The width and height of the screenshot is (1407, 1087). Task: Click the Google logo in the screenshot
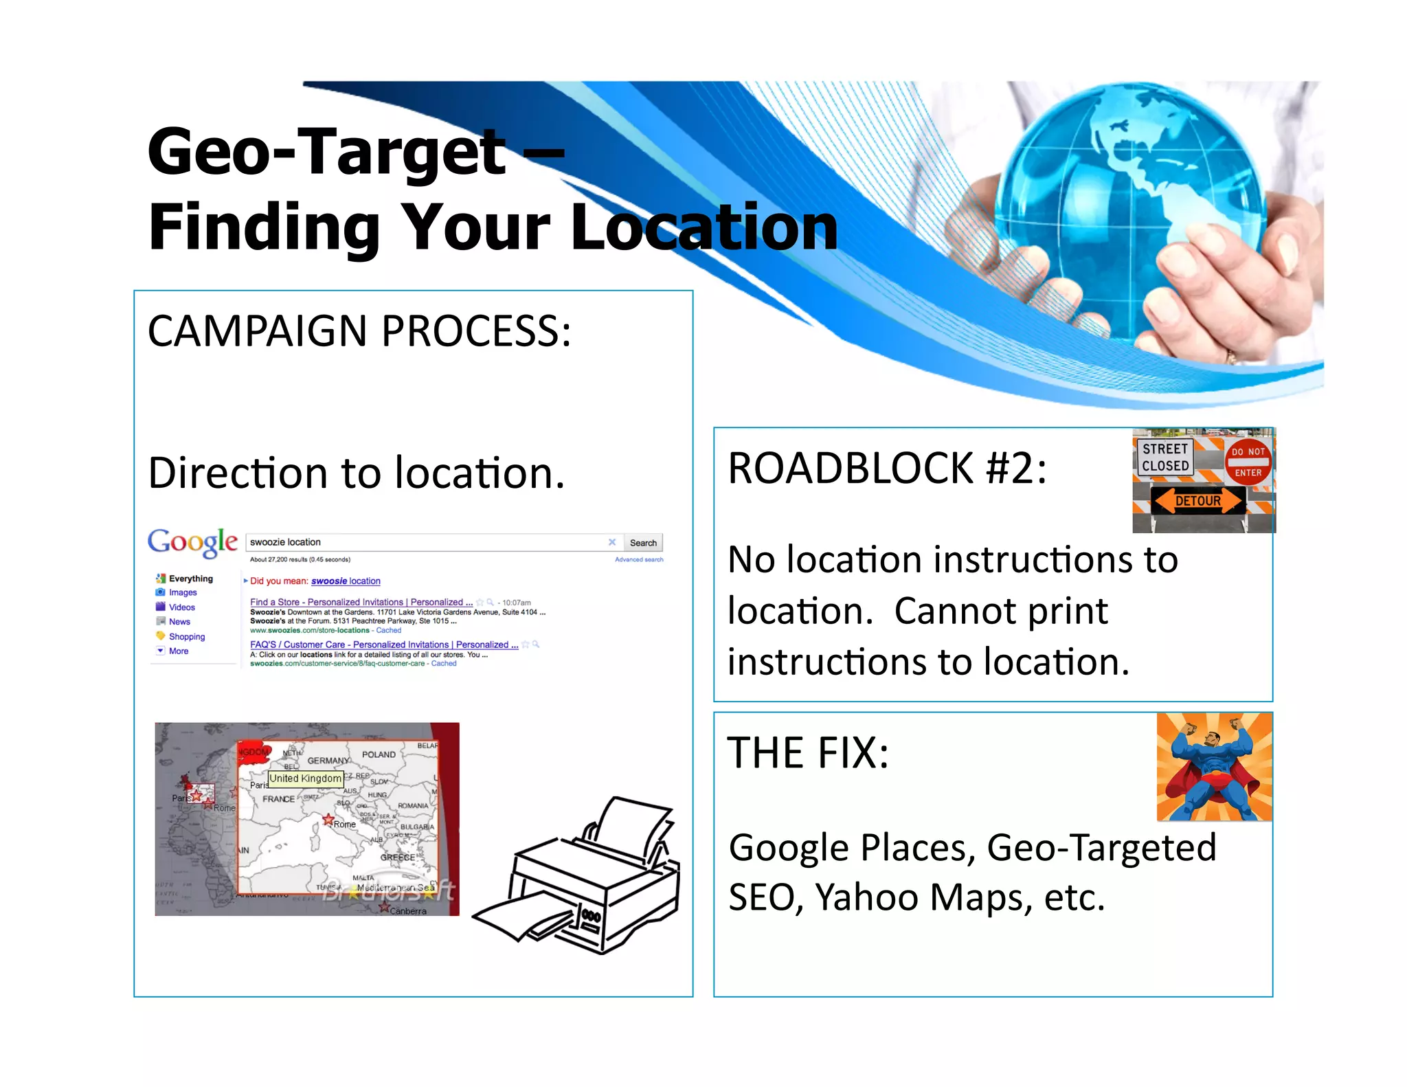[x=192, y=541]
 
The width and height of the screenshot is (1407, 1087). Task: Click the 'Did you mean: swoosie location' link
[x=315, y=581]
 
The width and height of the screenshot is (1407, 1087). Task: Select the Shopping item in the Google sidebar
[x=186, y=636]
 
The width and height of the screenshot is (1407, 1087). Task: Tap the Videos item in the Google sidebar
[x=181, y=607]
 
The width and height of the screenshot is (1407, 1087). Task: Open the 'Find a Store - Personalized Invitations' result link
[x=361, y=602]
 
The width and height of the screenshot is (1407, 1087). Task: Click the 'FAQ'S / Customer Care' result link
[x=383, y=645]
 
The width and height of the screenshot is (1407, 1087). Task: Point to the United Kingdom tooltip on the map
[x=305, y=778]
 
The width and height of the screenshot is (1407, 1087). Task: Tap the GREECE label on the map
[x=398, y=857]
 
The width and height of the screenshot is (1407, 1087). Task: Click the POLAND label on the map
[x=379, y=754]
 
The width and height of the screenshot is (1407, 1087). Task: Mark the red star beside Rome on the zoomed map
[x=328, y=819]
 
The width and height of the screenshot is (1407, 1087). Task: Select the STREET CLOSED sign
[x=1165, y=457]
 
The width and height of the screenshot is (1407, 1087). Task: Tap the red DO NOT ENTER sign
[x=1248, y=462]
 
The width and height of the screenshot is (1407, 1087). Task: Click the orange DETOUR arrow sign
[x=1197, y=500]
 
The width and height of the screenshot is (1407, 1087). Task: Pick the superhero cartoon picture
[x=1214, y=766]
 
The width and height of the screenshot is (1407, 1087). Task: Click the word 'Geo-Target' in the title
[x=326, y=151]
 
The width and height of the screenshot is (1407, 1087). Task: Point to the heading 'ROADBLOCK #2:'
[x=887, y=469]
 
